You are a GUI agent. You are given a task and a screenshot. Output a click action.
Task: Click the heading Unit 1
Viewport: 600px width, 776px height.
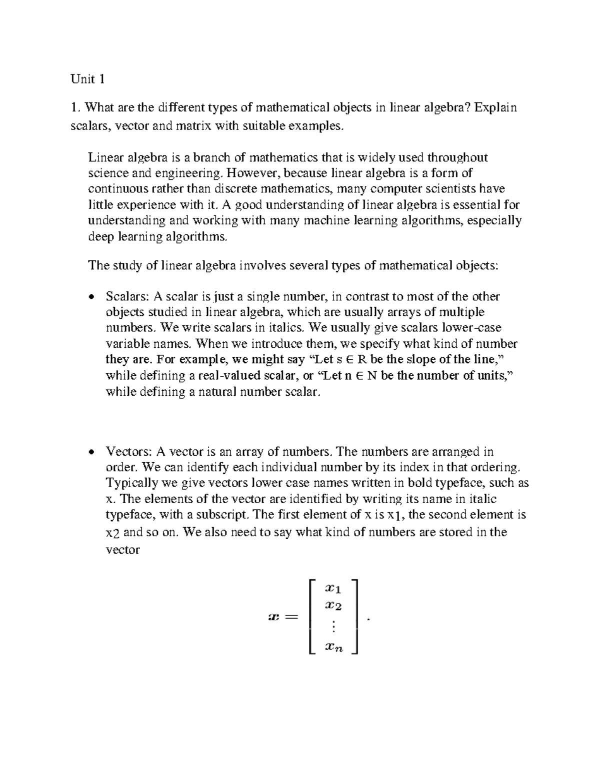tap(87, 79)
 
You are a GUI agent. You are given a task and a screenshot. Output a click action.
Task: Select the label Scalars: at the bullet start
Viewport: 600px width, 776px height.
tap(127, 297)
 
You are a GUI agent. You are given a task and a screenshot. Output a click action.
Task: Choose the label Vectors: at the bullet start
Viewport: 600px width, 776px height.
tap(129, 452)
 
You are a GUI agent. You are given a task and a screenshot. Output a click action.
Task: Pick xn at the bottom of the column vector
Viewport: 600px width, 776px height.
tap(333, 648)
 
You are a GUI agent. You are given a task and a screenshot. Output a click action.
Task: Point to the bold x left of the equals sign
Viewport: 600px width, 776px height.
tap(272, 618)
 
